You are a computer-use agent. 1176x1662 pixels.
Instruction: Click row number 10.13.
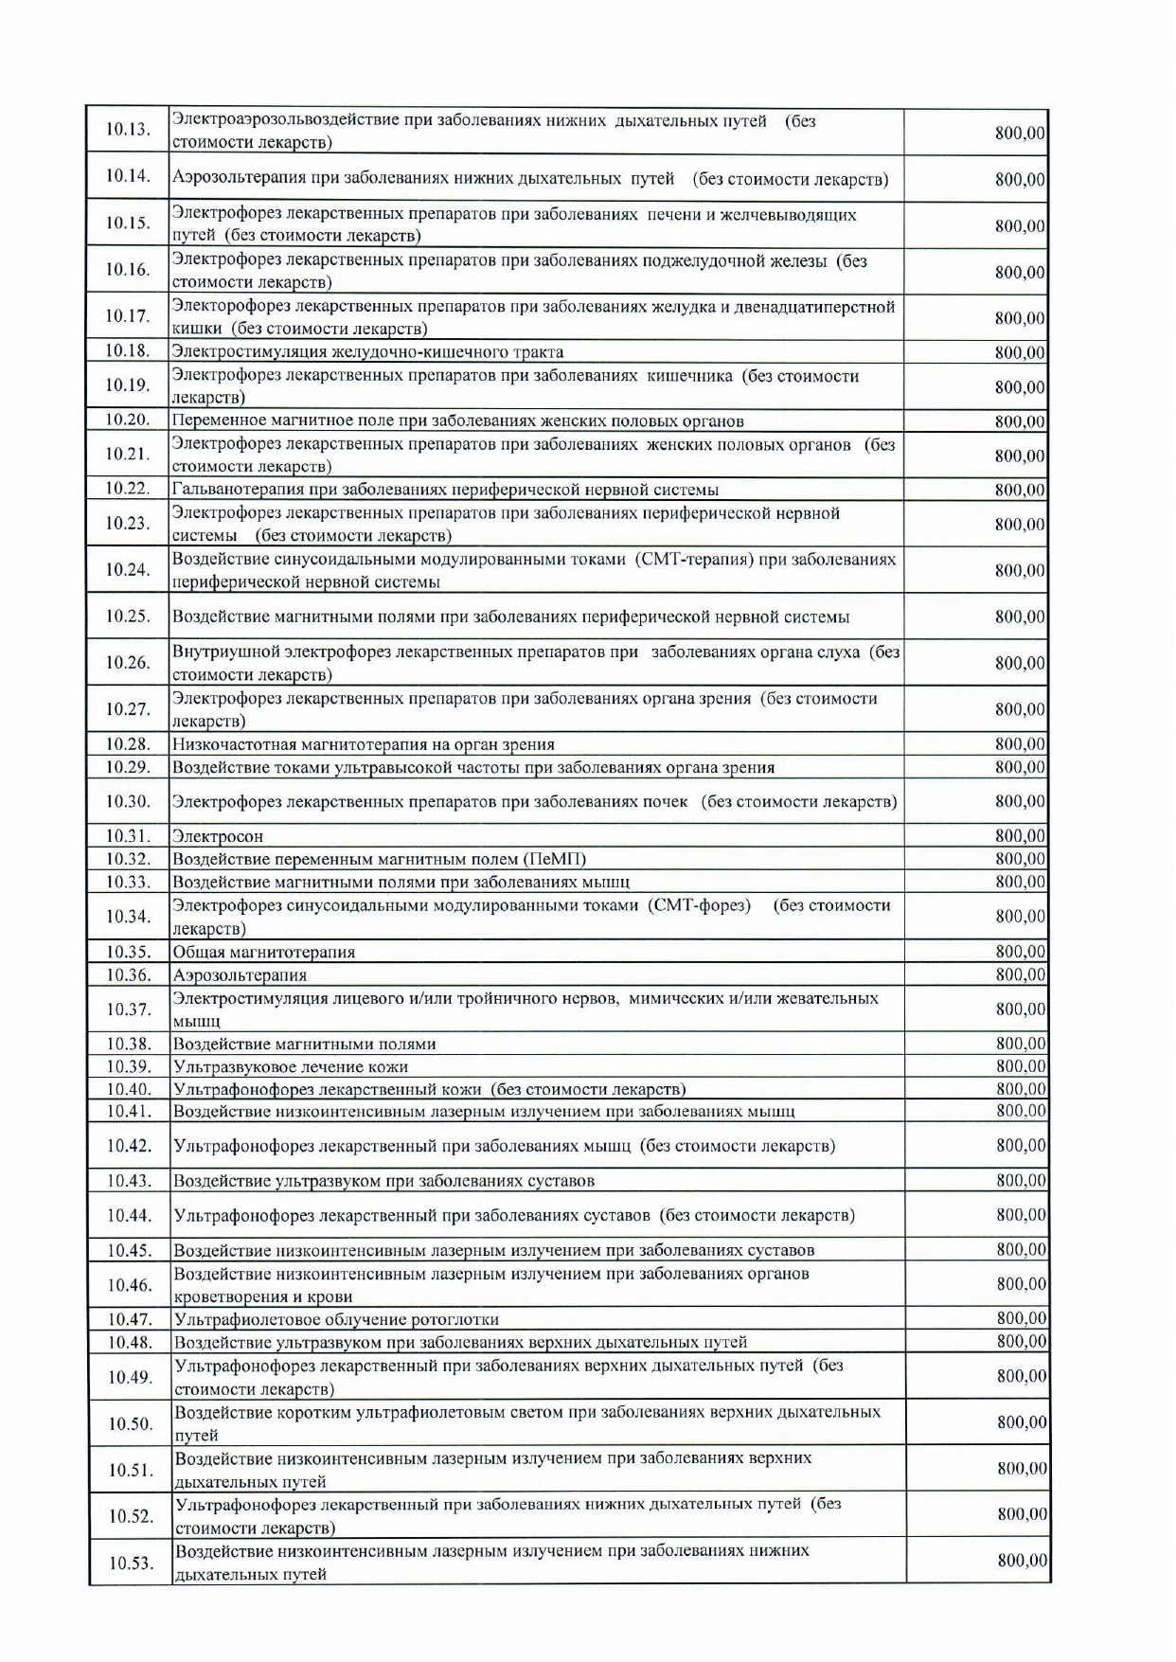(128, 130)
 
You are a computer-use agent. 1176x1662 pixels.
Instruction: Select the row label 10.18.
(128, 351)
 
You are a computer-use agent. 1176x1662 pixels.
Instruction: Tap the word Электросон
(218, 836)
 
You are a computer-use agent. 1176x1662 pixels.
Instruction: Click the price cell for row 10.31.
(1019, 836)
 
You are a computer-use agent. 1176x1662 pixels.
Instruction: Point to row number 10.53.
(131, 1564)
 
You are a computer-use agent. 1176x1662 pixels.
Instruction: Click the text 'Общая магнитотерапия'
(263, 952)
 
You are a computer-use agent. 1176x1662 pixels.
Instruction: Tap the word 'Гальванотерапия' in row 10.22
(232, 490)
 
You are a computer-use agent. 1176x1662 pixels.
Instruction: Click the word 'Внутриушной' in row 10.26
(222, 652)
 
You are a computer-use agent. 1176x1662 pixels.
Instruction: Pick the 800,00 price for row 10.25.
(1019, 617)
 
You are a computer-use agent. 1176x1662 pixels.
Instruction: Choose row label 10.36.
(128, 974)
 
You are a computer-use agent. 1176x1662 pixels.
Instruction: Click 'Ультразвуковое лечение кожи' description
(291, 1067)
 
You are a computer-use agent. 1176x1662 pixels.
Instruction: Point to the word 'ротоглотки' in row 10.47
(456, 1319)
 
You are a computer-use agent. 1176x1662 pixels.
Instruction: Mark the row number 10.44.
(130, 1215)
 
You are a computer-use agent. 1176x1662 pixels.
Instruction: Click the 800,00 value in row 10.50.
(1021, 1422)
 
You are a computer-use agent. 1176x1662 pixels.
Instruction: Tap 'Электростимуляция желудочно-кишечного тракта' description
(367, 352)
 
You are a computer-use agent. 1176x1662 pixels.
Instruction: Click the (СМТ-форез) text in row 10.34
(699, 905)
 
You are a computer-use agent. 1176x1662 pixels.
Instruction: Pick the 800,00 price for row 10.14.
(1019, 179)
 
